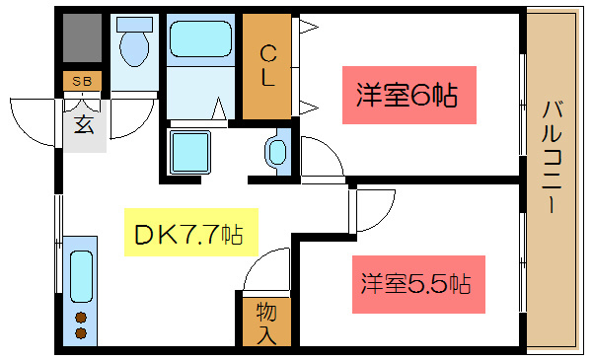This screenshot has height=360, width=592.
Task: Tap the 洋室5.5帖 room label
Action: (413, 284)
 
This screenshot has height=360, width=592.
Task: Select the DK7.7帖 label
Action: (188, 234)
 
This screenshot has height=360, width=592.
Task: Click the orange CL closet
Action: (266, 66)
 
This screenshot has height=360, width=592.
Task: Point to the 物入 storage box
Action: (266, 323)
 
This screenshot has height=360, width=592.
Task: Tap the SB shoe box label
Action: (83, 80)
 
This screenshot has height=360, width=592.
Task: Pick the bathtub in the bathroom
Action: (198, 40)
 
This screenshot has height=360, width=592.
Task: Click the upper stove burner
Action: (81, 318)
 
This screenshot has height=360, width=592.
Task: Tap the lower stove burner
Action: (81, 333)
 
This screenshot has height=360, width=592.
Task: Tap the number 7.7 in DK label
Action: (197, 234)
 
